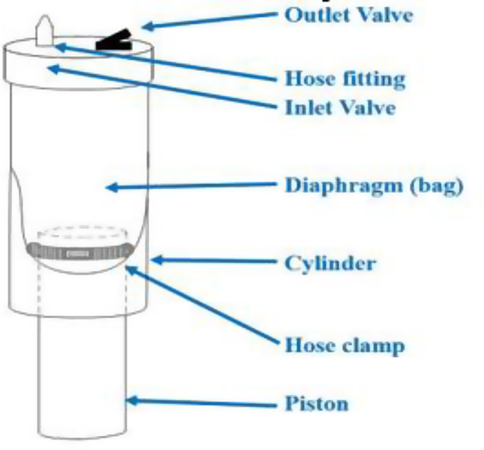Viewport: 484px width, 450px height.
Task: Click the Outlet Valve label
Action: tap(349, 15)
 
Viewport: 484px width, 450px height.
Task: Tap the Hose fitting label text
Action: tap(345, 79)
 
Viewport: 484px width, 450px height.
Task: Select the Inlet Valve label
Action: tap(340, 108)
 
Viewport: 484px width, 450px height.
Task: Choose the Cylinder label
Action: tap(330, 263)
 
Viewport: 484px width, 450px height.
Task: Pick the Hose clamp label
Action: tap(344, 346)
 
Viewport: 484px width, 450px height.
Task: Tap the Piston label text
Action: tap(316, 404)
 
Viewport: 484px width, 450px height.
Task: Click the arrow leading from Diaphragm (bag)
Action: tap(189, 186)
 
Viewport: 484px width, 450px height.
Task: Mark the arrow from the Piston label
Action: tap(201, 403)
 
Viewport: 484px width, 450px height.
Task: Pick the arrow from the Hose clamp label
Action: tap(201, 305)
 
